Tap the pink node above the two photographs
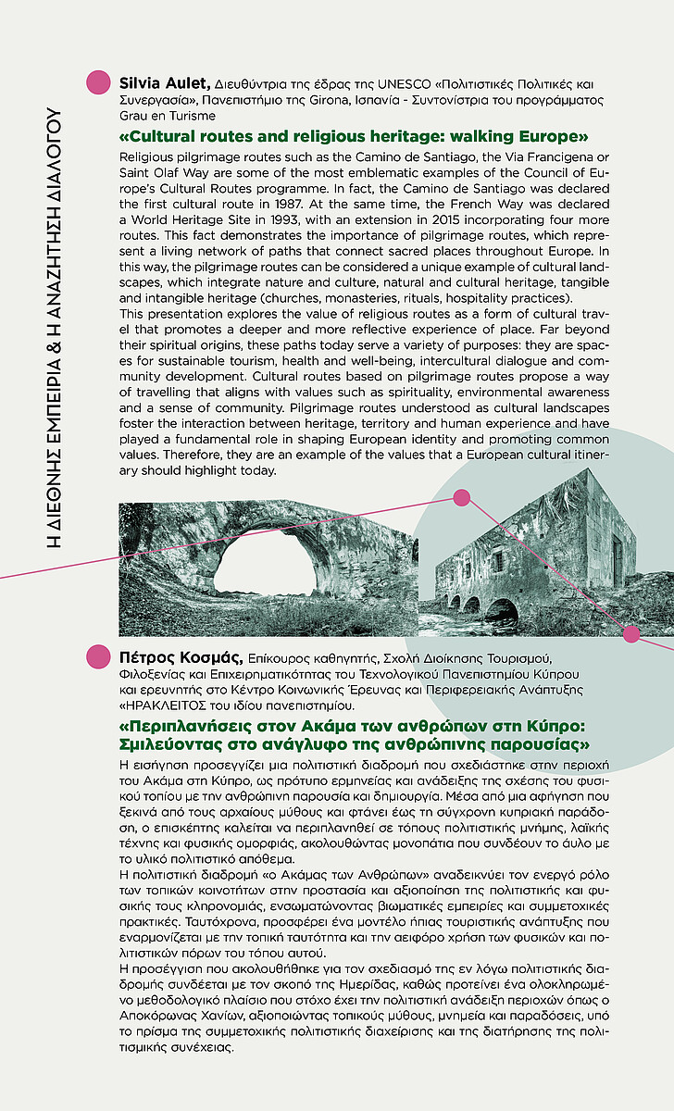(x=461, y=499)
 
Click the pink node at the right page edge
(x=632, y=634)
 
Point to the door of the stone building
(x=618, y=562)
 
